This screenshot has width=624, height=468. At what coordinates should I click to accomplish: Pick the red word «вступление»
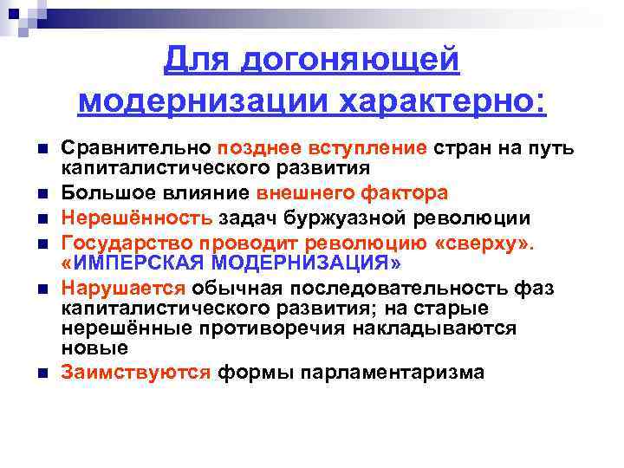pyautogui.click(x=369, y=148)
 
